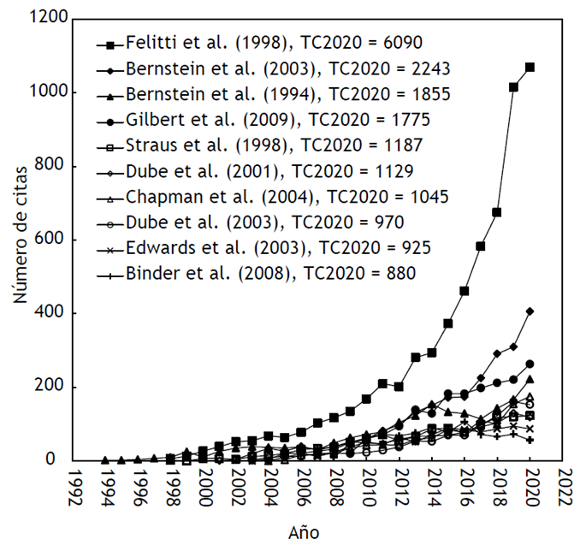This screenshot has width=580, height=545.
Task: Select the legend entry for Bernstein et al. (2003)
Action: click(x=274, y=68)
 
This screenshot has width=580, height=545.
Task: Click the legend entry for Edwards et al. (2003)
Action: click(x=265, y=248)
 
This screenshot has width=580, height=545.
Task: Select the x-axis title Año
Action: click(x=304, y=532)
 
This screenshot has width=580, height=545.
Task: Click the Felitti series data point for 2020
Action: click(x=530, y=67)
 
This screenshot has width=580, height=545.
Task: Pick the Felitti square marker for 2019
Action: click(x=514, y=87)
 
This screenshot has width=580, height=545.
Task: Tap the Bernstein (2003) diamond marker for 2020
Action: click(x=530, y=311)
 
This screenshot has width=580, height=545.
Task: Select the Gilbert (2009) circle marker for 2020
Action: click(x=530, y=364)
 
